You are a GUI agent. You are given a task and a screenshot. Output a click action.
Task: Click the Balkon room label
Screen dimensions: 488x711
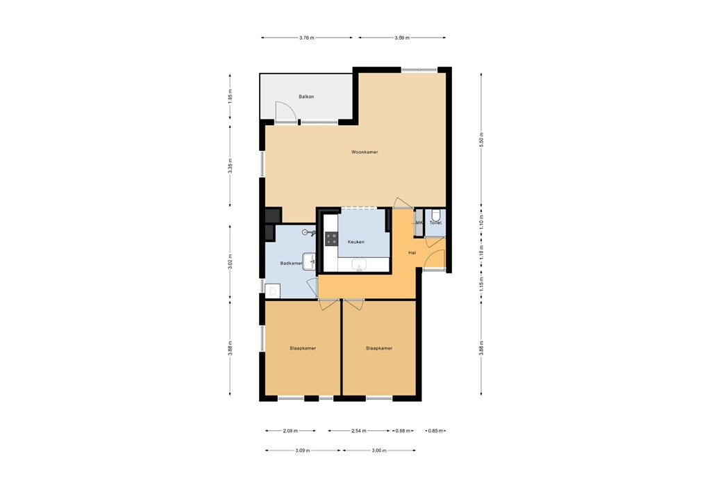pos(306,97)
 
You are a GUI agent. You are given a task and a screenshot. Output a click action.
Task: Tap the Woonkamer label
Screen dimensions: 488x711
pos(365,152)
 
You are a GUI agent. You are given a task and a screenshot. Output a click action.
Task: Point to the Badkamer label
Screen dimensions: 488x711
pos(291,263)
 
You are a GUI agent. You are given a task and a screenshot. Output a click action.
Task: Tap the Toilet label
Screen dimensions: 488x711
pos(435,223)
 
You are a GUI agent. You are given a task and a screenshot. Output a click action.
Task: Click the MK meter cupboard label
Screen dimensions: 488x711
pos(419,223)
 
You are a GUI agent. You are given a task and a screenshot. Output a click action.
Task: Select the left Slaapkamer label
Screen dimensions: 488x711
pos(303,348)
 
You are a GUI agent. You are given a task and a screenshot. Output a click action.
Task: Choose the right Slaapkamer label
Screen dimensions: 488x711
pos(379,348)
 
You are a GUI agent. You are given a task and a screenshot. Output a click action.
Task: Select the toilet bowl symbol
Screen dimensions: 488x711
pos(435,214)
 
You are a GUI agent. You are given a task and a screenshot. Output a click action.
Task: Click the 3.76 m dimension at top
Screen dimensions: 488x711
pos(306,38)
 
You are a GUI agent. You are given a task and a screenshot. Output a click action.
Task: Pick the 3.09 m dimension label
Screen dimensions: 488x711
pos(302,450)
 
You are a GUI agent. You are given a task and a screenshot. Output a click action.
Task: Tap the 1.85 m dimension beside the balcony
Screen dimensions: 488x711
pos(230,96)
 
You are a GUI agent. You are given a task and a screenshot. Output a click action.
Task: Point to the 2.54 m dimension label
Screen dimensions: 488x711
pos(360,431)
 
